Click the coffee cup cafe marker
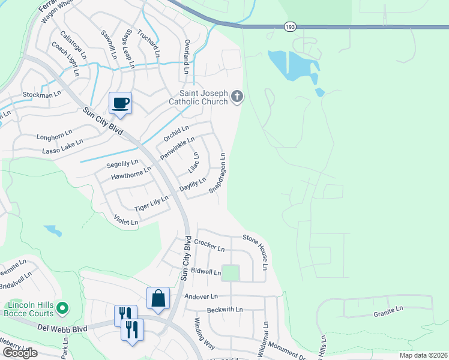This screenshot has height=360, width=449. pos(120,103)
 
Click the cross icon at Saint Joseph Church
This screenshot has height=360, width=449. pos(237,97)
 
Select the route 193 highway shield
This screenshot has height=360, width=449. pos(289,26)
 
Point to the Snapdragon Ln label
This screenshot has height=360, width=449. pos(217,173)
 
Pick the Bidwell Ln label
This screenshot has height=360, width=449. pos(206,272)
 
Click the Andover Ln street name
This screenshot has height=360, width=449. pos(201,296)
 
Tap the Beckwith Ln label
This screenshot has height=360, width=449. pos(224,310)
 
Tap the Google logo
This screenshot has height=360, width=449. pos(20,353)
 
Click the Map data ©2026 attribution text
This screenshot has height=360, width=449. pos(423,355)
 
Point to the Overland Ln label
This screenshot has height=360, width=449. pos(187,58)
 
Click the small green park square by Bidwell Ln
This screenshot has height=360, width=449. pos(231,273)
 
